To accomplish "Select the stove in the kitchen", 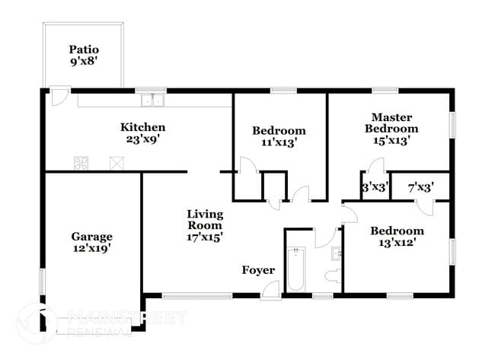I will pos(81,162).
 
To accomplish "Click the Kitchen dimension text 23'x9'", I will pos(142,139).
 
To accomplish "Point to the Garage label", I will pos(92,236).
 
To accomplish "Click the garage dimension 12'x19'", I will pos(92,248).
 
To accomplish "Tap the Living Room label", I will pos(205,219).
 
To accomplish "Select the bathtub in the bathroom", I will pos(295,269).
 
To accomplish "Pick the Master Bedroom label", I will pos(391,123).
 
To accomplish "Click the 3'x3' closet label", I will pos(375,186).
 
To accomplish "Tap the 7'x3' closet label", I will pos(420,186).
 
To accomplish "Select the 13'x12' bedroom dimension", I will pos(397,243).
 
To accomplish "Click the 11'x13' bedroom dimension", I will pos(279,142).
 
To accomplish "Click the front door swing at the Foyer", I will pos(270,290).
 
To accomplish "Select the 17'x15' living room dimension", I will pos(205,237).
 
